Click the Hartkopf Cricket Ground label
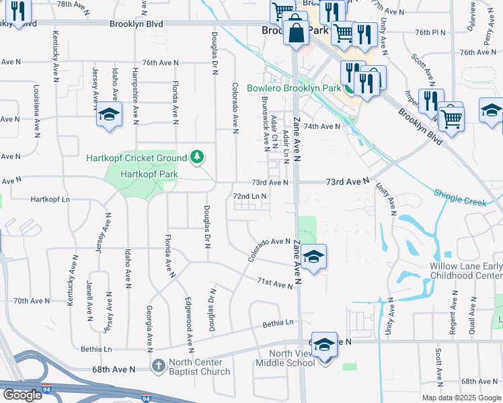tap(137, 158)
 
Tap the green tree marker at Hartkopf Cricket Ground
tap(197, 157)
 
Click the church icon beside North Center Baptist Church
tap(158, 366)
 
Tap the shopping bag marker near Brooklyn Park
tap(296, 32)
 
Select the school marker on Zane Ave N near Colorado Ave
tap(313, 257)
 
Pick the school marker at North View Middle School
tap(324, 345)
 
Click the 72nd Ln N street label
tap(250, 196)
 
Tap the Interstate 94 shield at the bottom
tap(147, 398)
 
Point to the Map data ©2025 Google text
tap(461, 398)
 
